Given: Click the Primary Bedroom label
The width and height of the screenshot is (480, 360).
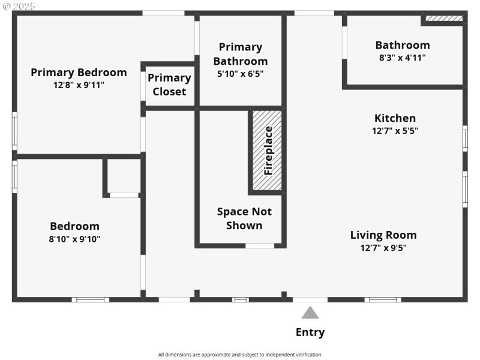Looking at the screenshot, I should point(79,73).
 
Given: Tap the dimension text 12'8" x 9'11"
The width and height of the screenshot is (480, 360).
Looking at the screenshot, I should point(79,85).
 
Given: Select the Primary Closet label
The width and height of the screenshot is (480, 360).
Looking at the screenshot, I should point(169,85).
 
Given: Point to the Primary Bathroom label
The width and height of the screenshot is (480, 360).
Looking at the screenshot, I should point(240,54).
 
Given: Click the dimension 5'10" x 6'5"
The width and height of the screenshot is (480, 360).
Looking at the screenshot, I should point(240,74).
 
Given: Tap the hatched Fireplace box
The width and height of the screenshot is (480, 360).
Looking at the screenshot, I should point(267,151).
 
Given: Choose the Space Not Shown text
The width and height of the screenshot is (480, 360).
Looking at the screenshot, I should point(244,218).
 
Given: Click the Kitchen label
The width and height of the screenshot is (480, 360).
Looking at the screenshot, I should point(395,118).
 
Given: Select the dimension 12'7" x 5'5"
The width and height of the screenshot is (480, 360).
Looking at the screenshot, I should point(395,130).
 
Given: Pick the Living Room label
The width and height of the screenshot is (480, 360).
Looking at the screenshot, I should point(383,235).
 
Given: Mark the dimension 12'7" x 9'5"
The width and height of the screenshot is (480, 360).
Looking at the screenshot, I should point(383,247).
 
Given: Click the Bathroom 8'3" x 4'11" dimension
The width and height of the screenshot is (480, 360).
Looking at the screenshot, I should point(402,58).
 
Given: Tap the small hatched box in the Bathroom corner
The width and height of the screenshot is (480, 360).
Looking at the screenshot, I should point(444,19).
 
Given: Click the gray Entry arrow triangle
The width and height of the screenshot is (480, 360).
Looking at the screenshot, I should point(310,313).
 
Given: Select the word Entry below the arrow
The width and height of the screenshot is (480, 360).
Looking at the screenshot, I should point(310,332).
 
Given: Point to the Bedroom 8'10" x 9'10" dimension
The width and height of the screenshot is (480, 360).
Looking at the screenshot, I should point(74,239).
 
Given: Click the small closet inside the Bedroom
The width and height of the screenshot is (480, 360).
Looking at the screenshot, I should point(124,175).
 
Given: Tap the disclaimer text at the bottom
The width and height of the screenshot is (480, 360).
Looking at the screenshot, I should point(240,355).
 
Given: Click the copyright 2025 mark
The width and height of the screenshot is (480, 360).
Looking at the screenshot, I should point(19,5).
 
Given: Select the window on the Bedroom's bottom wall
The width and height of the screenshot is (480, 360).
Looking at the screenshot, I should point(90,299).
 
